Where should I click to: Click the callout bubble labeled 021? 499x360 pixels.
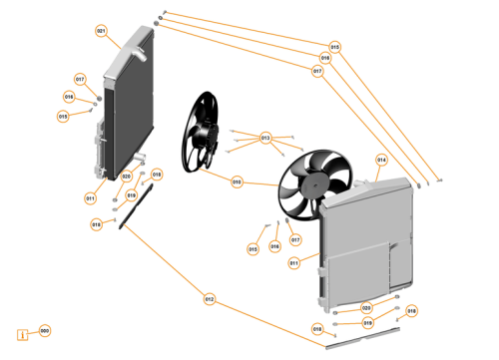(101, 31)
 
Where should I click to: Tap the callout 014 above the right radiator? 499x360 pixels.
(381, 160)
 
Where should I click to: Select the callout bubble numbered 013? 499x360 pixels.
(265, 137)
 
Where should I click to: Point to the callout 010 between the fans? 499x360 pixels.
(237, 181)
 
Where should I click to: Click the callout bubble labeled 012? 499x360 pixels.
(209, 298)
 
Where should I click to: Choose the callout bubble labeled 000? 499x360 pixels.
(44, 330)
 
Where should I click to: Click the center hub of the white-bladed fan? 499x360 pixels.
(311, 184)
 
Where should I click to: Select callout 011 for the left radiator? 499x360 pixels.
(90, 197)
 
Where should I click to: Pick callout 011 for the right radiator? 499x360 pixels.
(294, 263)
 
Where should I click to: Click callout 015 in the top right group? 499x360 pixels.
(334, 47)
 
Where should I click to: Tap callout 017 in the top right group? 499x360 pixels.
(317, 71)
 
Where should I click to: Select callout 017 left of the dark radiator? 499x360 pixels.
(80, 79)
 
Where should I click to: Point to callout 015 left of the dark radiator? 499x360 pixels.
(64, 116)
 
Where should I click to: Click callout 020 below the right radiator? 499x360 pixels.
(366, 308)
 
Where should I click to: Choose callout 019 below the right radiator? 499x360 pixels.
(366, 323)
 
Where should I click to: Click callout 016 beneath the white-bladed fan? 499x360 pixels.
(274, 246)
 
